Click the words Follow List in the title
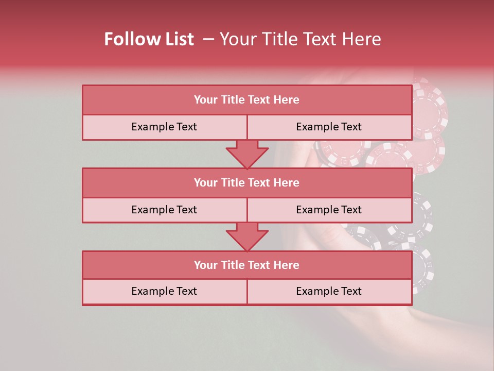coord(149,39)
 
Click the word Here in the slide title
coord(363,39)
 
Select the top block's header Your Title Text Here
coord(246,100)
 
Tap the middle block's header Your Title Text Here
coord(246,182)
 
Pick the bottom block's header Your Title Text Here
coord(246,265)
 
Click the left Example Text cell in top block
coord(164,127)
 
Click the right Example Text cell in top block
coord(329,127)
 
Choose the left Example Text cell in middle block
coord(164,210)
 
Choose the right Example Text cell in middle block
coord(329,210)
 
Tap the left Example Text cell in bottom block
coord(164,291)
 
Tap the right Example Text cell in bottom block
coord(329,291)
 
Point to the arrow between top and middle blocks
coord(247,154)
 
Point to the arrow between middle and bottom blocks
coord(247,237)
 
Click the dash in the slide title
coord(208,39)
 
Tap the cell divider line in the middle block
coord(247,210)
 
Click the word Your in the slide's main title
coord(236,39)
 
